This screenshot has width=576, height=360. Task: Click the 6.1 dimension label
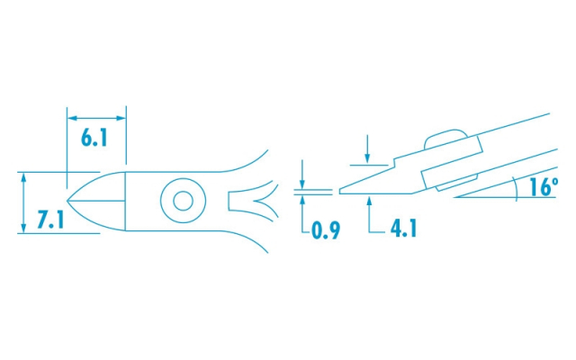click(x=94, y=138)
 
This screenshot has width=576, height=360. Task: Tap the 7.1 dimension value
click(x=50, y=220)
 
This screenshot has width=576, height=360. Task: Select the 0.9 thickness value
click(x=326, y=230)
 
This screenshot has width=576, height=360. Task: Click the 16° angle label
click(x=544, y=186)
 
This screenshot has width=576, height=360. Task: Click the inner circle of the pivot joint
click(x=183, y=201)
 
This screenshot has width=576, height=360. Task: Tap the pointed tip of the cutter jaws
click(x=67, y=201)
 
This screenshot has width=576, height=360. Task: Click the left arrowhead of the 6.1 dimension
click(x=72, y=118)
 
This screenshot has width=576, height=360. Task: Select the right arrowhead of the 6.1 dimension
click(x=121, y=118)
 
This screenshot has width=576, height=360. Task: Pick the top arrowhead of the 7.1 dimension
click(x=24, y=177)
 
